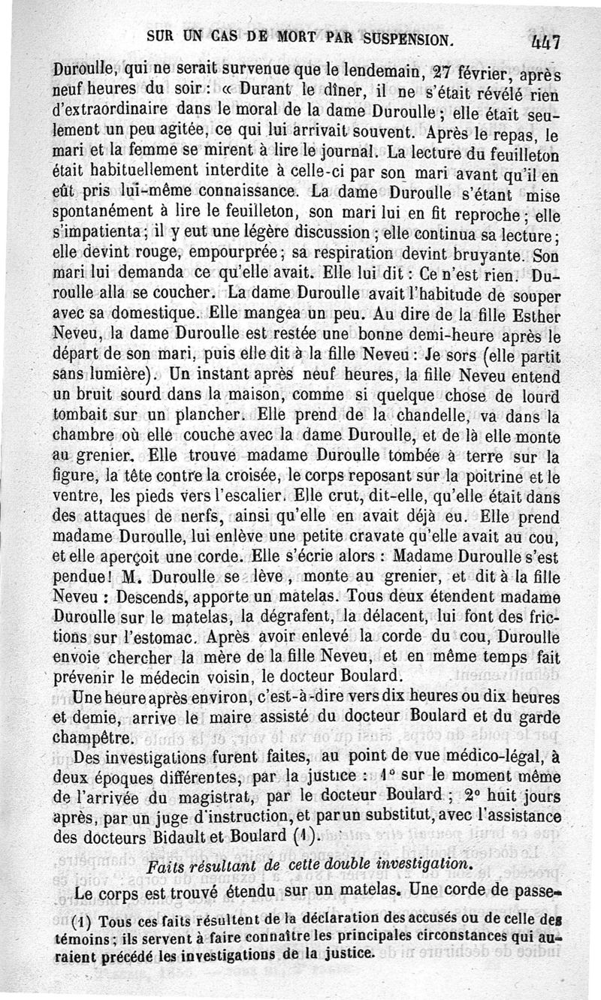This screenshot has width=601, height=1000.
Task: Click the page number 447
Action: coord(546,43)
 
